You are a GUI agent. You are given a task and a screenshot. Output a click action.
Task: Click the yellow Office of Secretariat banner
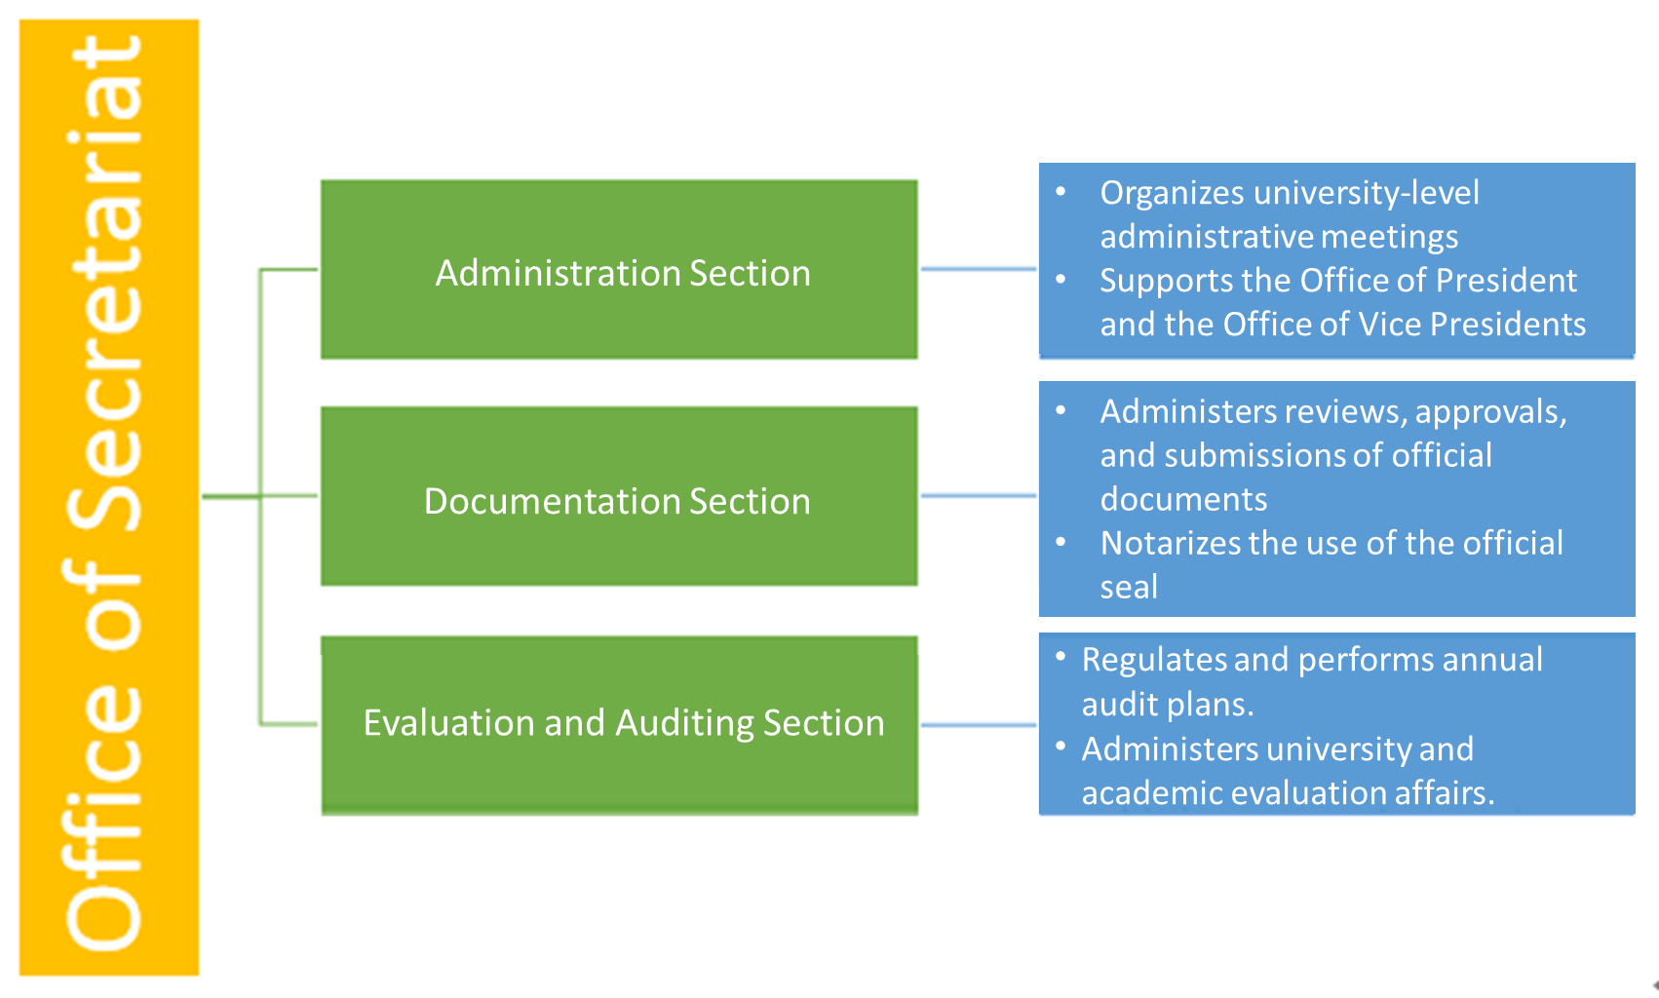click(x=108, y=497)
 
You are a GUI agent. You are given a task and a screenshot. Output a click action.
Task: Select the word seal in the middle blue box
click(x=1129, y=587)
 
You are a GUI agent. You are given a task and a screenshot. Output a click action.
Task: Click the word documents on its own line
click(x=1183, y=499)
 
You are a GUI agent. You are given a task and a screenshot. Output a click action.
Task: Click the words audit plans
click(x=1166, y=705)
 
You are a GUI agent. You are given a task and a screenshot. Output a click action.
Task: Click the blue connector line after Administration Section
click(x=978, y=269)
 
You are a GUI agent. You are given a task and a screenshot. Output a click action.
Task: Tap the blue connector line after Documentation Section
click(x=978, y=496)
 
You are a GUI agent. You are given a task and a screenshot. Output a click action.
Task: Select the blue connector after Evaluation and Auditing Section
click(x=978, y=725)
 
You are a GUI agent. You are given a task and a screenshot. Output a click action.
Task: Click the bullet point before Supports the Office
click(x=1061, y=280)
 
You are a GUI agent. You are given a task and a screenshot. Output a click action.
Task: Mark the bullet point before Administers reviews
click(x=1061, y=410)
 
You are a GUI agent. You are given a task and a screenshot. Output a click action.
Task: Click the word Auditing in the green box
click(x=684, y=723)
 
